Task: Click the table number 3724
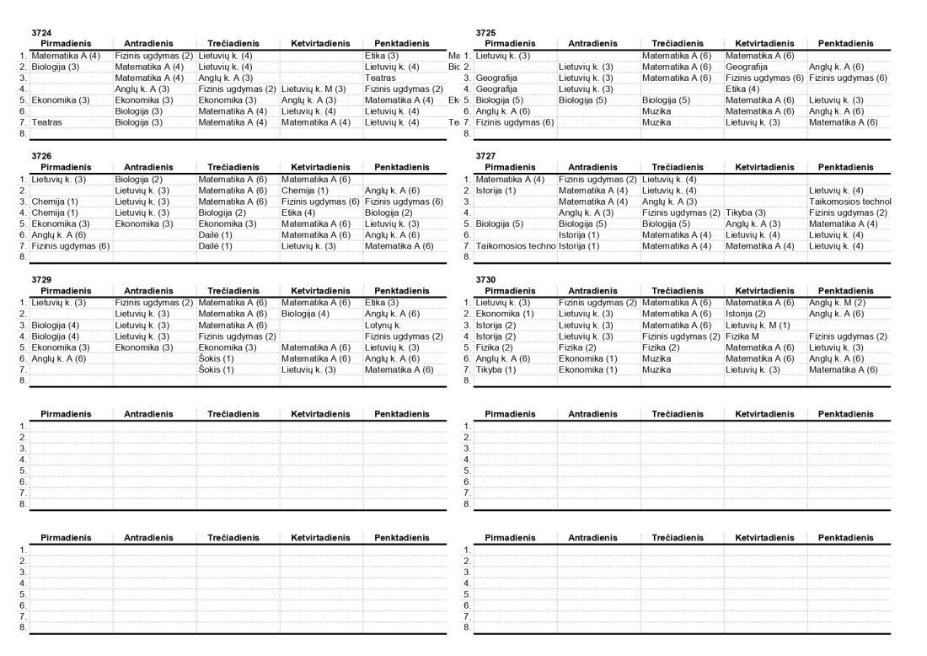coord(41,32)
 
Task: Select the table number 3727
coord(485,156)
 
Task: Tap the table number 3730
coord(485,279)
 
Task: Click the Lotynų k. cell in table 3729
coord(382,325)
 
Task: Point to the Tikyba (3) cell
coord(745,212)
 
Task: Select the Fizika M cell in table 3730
coord(742,336)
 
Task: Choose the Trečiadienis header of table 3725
coord(681,43)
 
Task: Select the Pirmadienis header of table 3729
coord(66,290)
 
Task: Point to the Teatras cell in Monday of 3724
coord(46,122)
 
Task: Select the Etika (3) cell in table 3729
coord(382,302)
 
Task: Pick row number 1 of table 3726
coord(22,179)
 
